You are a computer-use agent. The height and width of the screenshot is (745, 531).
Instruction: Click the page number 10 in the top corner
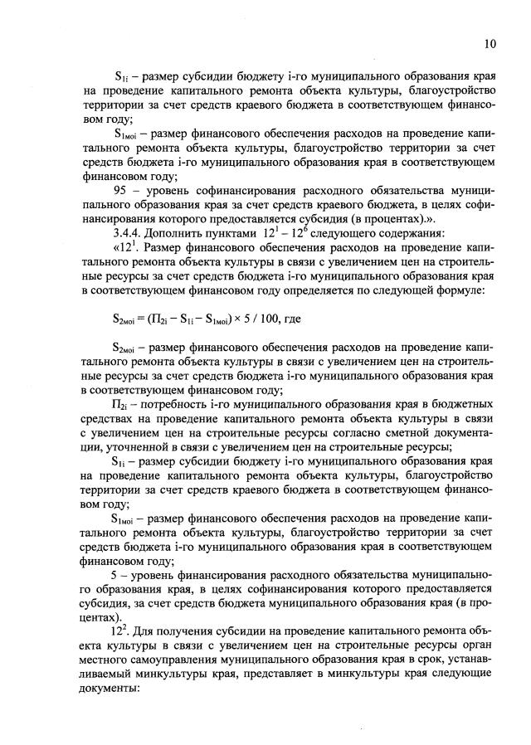[x=490, y=43]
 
